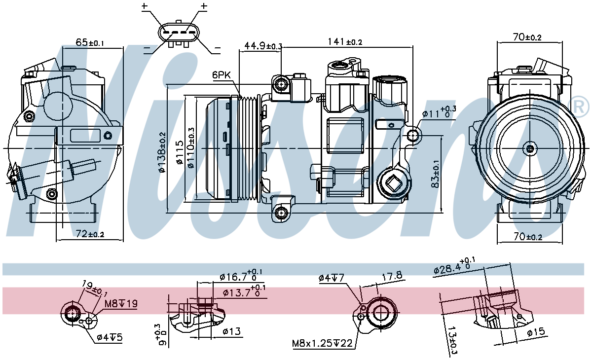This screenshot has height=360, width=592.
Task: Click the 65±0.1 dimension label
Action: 90,42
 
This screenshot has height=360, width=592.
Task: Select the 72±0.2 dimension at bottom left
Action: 90,234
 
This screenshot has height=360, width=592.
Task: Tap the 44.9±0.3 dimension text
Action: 263,46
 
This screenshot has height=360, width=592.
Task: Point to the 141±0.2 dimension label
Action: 345,41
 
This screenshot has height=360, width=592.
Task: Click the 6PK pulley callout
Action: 222,75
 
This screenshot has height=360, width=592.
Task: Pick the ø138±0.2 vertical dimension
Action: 162,153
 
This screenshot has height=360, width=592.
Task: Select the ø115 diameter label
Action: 180,152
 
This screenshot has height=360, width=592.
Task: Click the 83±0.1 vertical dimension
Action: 435,174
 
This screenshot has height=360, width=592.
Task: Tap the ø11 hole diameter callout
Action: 439,112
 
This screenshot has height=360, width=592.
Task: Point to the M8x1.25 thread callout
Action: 322,343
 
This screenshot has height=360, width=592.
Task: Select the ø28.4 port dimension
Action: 454,266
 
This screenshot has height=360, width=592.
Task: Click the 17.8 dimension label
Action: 392,276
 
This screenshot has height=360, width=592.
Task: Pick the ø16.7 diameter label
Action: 241,276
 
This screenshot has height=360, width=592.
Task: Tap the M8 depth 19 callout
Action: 121,304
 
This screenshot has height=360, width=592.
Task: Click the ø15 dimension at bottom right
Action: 536,332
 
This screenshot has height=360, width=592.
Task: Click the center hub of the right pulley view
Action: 530,149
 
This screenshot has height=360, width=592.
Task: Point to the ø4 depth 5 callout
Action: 110,337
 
